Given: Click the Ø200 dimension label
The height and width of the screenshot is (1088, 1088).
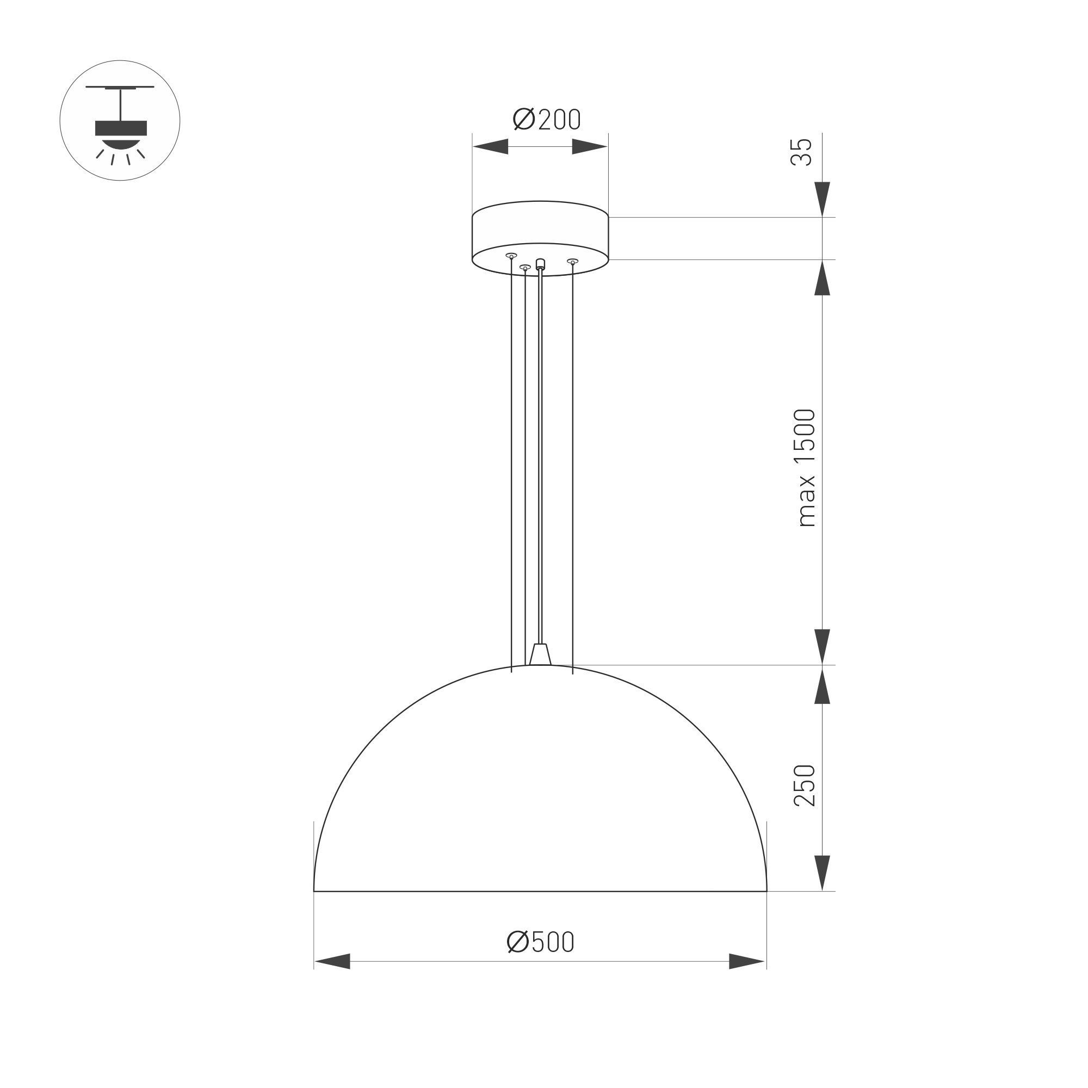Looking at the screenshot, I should click(546, 119).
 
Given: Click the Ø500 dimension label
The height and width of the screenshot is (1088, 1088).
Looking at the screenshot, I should click(540, 942).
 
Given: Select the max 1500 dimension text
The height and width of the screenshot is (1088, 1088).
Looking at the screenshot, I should click(806, 468).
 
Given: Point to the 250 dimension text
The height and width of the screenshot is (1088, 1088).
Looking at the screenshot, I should click(804, 786).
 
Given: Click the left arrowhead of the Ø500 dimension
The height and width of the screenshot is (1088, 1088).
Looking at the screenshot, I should click(332, 961).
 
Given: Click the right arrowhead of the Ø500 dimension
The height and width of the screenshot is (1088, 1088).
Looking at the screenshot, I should click(747, 961).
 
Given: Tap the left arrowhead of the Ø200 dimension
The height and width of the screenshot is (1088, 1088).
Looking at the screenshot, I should click(491, 147).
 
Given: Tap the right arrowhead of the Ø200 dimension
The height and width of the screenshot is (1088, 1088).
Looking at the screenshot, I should click(590, 147).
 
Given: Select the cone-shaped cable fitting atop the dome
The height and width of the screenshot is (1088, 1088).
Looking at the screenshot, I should click(540, 654).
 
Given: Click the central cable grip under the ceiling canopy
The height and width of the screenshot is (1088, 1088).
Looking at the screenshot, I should click(541, 263).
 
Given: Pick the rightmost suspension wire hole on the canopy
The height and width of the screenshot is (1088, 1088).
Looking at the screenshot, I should click(573, 261).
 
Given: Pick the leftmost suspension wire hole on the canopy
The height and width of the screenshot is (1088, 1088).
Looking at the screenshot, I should click(511, 256).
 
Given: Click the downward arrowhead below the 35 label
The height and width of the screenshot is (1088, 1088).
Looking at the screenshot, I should click(823, 199).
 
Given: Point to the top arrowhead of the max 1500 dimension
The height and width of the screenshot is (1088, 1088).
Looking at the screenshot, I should click(823, 278).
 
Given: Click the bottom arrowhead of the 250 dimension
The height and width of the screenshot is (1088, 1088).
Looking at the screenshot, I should click(823, 873).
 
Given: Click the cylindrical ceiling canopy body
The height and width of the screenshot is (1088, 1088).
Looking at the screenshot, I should click(540, 231).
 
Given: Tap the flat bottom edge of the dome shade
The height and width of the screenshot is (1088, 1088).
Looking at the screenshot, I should click(540, 892).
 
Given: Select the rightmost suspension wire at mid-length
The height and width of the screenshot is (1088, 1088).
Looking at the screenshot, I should click(573, 467).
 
